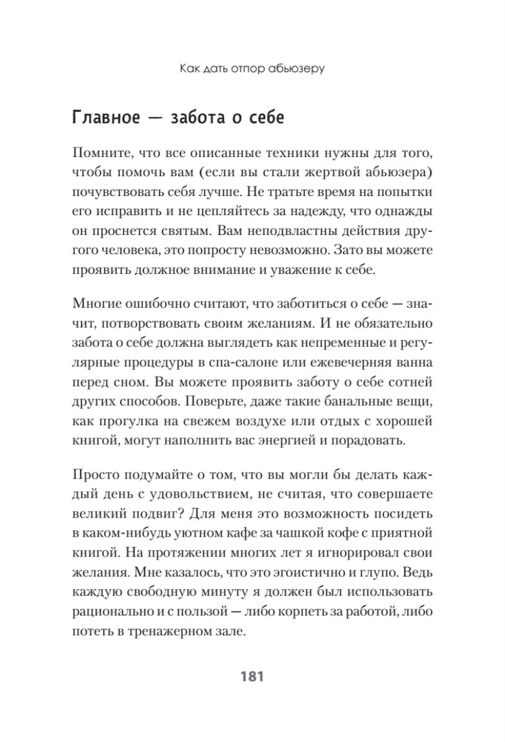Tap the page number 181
pyautogui.click(x=252, y=676)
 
